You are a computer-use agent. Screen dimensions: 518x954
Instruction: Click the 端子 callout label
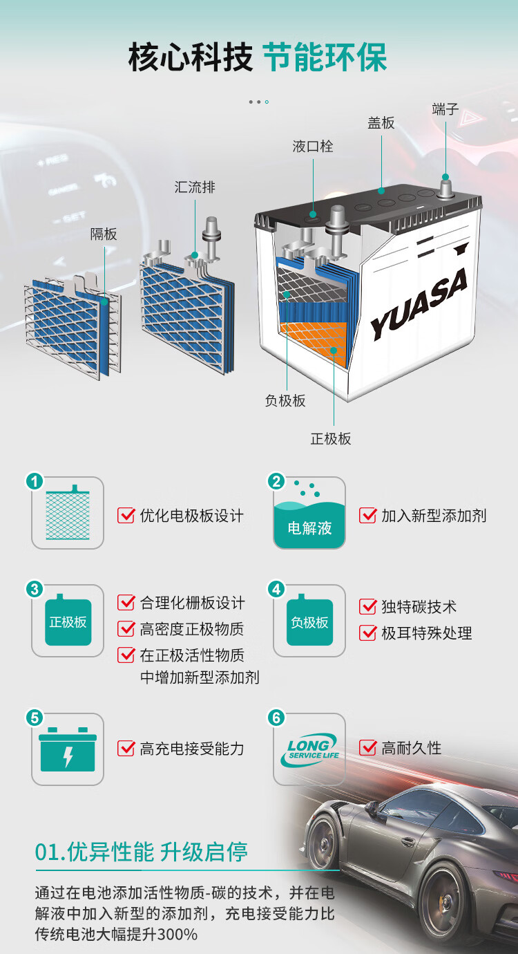pyautogui.click(x=445, y=109)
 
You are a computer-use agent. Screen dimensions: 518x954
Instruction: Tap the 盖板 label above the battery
pyautogui.click(x=381, y=123)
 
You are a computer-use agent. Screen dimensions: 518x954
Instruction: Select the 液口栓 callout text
pyautogui.click(x=313, y=147)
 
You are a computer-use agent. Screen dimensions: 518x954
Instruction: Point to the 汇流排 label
pyautogui.click(x=195, y=187)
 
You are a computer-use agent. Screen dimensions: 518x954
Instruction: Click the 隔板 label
pyautogui.click(x=104, y=234)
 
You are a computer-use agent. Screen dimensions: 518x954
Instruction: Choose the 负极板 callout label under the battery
pyautogui.click(x=285, y=401)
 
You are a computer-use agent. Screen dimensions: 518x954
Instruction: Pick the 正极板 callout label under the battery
pyautogui.click(x=331, y=439)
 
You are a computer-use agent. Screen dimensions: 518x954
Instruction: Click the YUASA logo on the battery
pyautogui.click(x=419, y=304)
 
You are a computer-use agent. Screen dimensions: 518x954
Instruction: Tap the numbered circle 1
pyautogui.click(x=35, y=481)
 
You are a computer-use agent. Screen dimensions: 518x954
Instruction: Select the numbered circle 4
pyautogui.click(x=276, y=590)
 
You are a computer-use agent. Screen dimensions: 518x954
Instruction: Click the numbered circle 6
pyautogui.click(x=276, y=718)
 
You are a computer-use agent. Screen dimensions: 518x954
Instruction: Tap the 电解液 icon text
pyautogui.click(x=309, y=528)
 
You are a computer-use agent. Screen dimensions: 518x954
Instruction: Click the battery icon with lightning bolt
pyautogui.click(x=68, y=749)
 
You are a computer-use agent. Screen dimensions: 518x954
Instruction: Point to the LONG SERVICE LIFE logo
pyautogui.click(x=310, y=750)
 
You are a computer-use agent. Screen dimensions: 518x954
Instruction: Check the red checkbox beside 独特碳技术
pyautogui.click(x=367, y=606)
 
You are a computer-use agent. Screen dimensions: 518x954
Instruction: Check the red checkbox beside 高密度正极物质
pyautogui.click(x=126, y=628)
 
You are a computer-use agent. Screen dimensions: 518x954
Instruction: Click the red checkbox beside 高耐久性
pyautogui.click(x=367, y=747)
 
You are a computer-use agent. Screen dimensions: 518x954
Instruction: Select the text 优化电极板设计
pyautogui.click(x=192, y=516)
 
